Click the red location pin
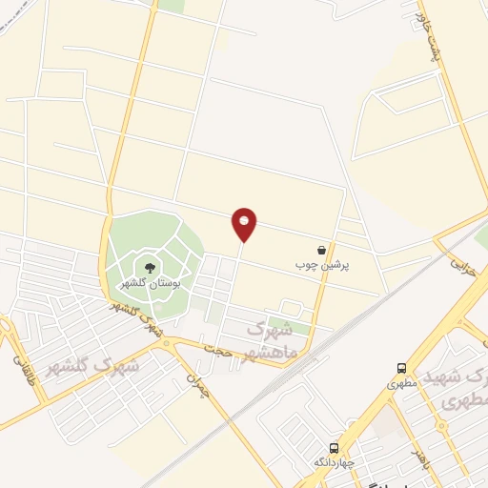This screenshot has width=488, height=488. [x=244, y=224]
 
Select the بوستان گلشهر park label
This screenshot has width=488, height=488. [x=150, y=283]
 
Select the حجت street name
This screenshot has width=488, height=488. [x=223, y=352]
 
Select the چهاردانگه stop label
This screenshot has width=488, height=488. [x=335, y=462]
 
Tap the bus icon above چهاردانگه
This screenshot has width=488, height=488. [x=335, y=447]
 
